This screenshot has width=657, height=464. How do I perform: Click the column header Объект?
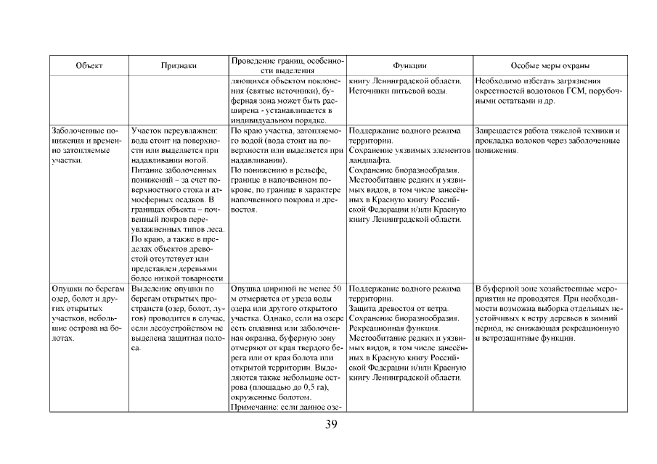(x=89, y=65)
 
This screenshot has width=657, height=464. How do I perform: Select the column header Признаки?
(x=179, y=65)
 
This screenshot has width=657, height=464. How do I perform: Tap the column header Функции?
(x=409, y=65)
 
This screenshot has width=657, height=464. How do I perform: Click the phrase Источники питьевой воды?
(x=396, y=91)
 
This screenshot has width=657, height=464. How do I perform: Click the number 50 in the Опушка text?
(x=337, y=288)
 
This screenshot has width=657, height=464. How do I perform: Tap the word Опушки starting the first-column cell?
(x=67, y=288)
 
